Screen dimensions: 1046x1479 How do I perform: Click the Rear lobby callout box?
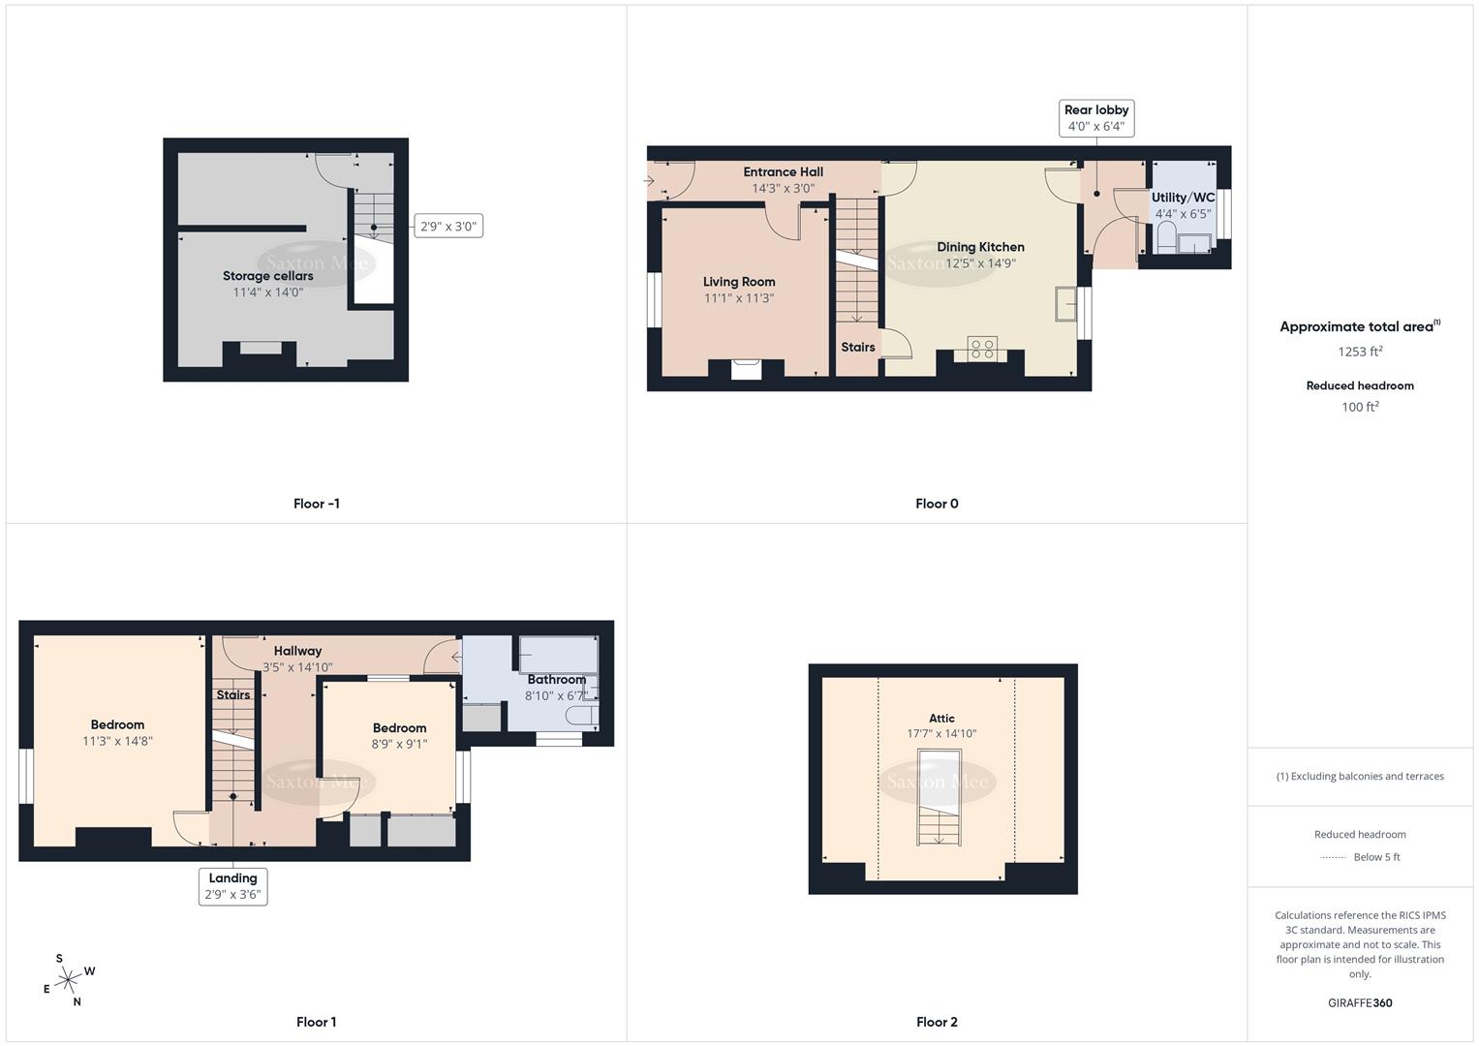tap(1096, 118)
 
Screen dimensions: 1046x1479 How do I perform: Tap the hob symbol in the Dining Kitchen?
tap(982, 349)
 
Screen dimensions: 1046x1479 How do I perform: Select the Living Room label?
tap(739, 282)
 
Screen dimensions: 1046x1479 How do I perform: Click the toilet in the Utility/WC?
tap(1166, 237)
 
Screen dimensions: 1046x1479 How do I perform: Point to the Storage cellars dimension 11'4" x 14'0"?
tap(268, 292)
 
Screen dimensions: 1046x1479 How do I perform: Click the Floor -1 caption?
tap(317, 504)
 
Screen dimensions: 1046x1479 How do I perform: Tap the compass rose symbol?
tap(68, 981)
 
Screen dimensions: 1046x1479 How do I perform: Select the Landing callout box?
tap(233, 886)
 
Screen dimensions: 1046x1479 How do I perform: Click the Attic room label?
tap(941, 719)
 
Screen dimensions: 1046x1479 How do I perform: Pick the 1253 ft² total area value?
tap(1360, 352)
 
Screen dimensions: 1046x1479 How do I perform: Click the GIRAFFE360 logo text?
tap(1360, 1002)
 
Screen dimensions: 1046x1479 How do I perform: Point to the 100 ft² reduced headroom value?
tap(1360, 407)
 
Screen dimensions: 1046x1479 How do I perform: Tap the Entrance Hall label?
tap(783, 172)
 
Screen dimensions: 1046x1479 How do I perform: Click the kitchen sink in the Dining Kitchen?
tap(1068, 302)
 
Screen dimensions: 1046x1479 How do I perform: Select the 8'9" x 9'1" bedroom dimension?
tap(399, 744)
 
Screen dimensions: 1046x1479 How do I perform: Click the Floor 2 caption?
tap(937, 1022)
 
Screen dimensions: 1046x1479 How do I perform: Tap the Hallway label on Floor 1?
tap(297, 651)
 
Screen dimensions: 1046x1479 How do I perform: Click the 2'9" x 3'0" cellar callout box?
tap(447, 227)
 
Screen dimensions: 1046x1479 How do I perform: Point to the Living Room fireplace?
tap(746, 369)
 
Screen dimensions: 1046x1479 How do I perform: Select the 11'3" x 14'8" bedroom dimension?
tap(118, 741)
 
